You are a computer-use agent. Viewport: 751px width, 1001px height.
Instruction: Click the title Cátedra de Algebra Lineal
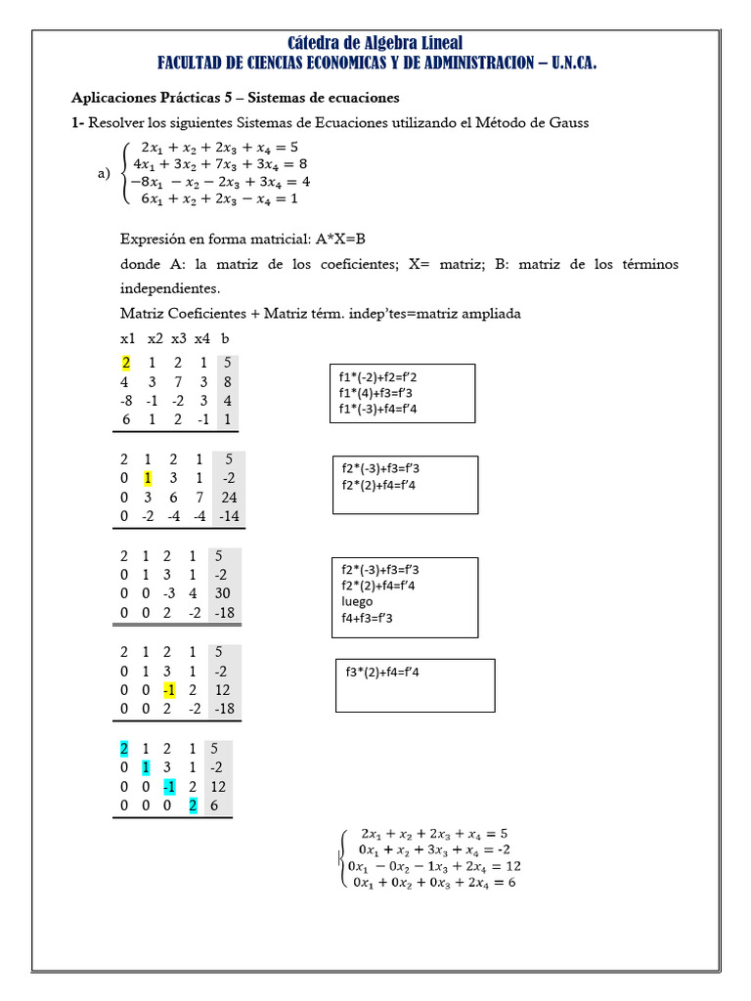point(375,42)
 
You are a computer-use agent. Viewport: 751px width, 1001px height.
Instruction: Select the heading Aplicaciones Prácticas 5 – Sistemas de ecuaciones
point(235,99)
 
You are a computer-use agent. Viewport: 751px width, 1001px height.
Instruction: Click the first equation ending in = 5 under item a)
point(219,149)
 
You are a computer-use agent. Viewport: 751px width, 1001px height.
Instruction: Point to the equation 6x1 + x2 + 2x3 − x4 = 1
point(219,198)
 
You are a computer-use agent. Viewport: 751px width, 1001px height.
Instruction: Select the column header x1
point(128,338)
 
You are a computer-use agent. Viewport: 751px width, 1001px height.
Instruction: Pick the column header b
point(226,338)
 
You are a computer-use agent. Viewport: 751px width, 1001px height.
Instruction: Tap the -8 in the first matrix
point(126,400)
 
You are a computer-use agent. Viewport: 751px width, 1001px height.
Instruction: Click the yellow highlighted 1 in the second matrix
point(148,478)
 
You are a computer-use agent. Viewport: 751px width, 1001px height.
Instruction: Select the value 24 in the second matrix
point(230,497)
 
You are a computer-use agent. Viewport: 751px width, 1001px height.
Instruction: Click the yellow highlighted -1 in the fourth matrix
point(171,688)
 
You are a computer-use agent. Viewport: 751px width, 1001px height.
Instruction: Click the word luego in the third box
point(358,601)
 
